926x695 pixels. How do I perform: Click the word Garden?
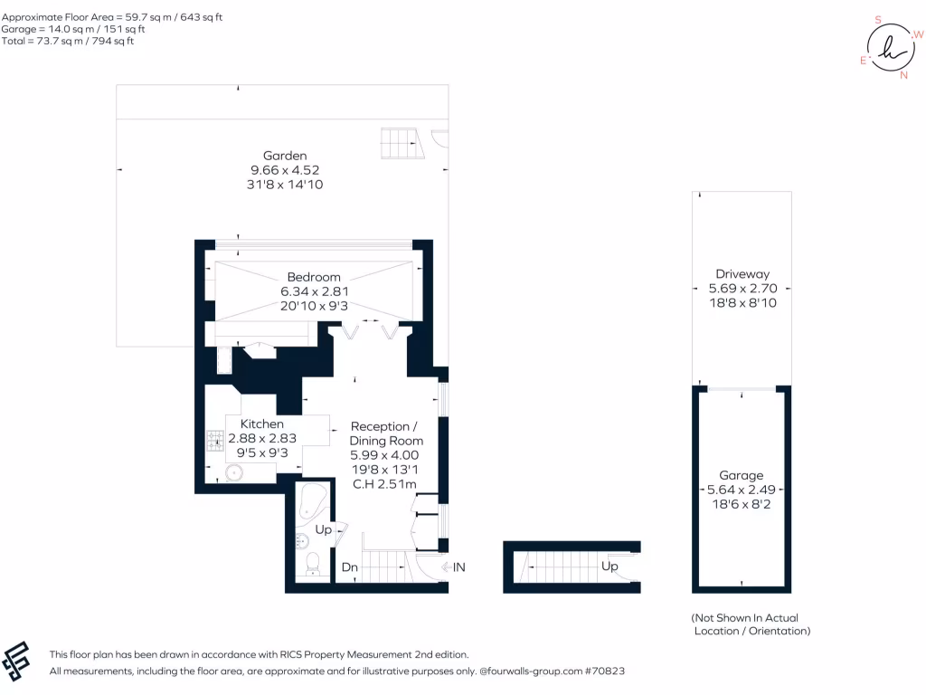point(285,156)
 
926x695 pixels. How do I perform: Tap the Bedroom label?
point(314,277)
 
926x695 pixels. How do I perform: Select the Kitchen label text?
point(261,424)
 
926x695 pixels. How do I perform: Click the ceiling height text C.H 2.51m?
point(384,484)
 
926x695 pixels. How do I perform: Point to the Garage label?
point(741,475)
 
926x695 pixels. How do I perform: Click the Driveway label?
point(742,273)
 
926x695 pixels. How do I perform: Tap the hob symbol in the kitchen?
point(216,440)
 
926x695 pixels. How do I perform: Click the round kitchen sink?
point(234,472)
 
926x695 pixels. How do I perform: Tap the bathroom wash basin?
point(301,541)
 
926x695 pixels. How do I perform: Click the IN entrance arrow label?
point(458,567)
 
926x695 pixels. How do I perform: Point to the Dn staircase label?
point(349,567)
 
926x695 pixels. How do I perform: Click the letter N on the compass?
point(902,75)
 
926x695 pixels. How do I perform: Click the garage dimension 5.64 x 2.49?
point(741,490)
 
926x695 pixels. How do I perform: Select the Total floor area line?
point(68,41)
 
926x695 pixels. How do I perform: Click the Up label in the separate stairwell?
point(609,566)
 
